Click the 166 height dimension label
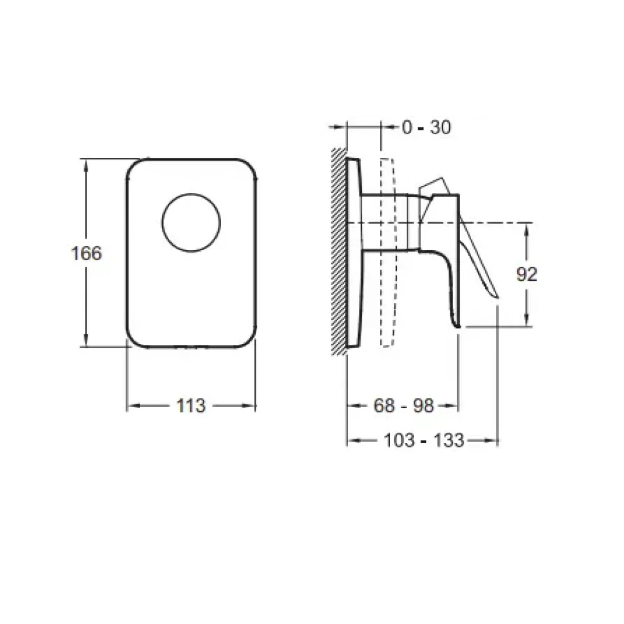point(86,253)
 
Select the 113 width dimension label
point(190,406)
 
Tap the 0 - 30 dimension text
point(426,128)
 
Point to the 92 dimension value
point(527,274)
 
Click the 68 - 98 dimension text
point(404,406)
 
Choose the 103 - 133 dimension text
point(424,441)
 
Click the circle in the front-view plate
point(191,193)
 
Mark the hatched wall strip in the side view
point(339,252)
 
